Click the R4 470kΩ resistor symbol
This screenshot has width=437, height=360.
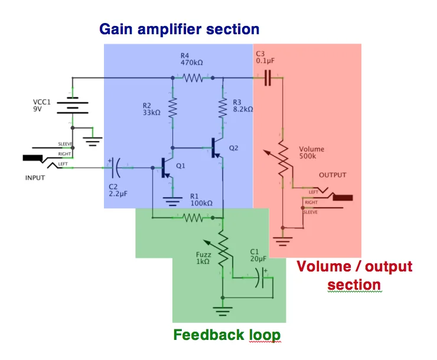193,77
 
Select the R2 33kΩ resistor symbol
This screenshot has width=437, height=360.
172,108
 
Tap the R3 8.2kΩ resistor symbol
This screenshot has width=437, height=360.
223,108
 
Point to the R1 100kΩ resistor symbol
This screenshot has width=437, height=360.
193,218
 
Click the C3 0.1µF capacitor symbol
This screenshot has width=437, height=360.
268,77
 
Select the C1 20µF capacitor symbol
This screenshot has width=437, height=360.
260,277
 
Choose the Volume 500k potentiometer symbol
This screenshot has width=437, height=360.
283,159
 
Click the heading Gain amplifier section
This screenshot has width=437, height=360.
179,29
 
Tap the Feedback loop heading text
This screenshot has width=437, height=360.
227,335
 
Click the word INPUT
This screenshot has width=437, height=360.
35,177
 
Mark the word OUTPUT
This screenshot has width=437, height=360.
332,175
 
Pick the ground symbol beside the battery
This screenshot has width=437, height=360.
93,140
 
